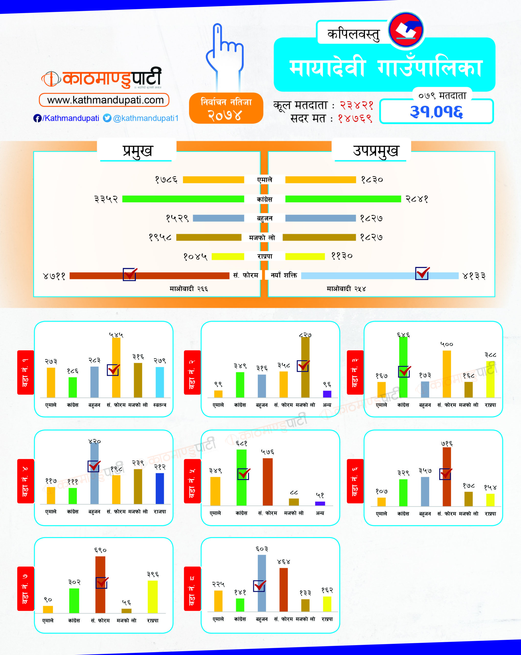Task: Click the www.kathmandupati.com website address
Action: (x=104, y=100)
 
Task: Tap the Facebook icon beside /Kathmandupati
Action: (x=37, y=118)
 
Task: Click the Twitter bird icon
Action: (x=107, y=118)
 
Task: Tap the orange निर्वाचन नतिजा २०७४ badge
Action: (x=226, y=108)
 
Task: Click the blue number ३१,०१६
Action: (x=436, y=112)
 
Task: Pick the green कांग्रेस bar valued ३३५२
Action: (x=183, y=199)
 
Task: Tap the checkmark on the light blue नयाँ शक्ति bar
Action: (x=422, y=273)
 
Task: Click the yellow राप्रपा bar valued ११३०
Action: (x=305, y=256)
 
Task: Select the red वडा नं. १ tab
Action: (x=26, y=372)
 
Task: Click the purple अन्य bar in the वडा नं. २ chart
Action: (x=327, y=394)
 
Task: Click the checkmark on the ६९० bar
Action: (x=102, y=582)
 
